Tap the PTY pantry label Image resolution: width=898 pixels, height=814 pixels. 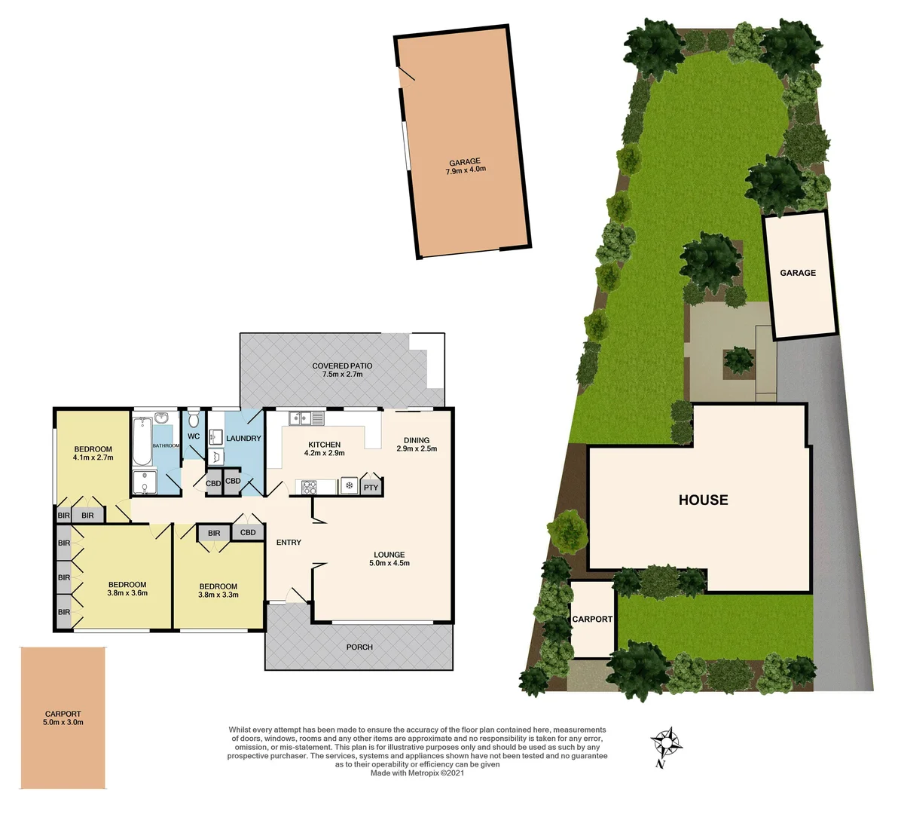[371, 488]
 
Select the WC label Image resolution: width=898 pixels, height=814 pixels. [194, 436]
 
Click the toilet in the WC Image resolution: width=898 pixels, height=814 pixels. [194, 419]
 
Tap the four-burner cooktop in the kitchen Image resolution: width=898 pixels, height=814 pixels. [310, 487]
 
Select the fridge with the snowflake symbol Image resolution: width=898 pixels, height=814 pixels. [349, 485]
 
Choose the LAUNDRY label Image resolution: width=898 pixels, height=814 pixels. [243, 439]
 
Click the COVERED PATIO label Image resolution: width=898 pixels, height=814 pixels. [342, 366]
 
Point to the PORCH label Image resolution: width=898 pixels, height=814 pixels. [359, 647]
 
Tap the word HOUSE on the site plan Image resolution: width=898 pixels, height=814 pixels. [703, 500]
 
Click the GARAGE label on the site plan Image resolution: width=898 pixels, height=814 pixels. [798, 273]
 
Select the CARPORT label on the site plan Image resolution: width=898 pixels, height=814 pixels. [592, 619]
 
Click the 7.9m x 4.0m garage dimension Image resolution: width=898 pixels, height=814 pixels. [465, 170]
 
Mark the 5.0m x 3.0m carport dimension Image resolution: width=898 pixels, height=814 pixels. [63, 722]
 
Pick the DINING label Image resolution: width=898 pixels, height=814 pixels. [417, 440]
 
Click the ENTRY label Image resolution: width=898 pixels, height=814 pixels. [289, 543]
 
